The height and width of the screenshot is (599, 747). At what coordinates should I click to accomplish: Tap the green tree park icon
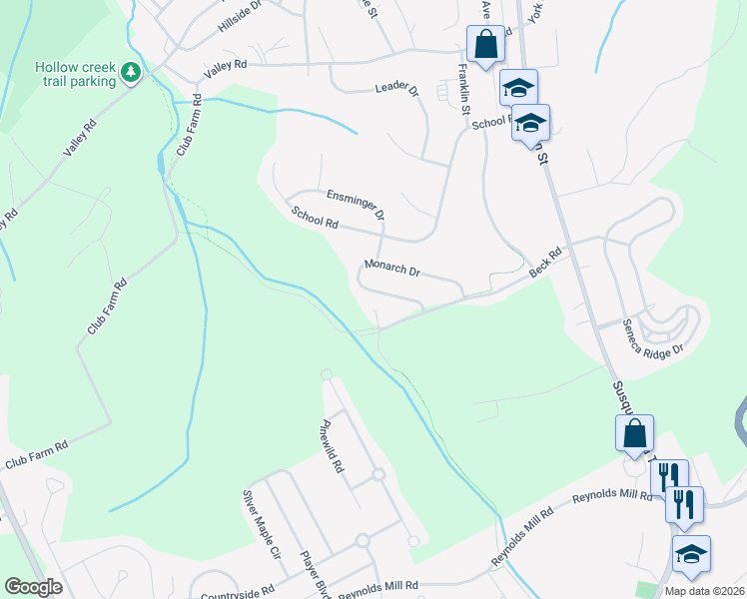click(x=131, y=73)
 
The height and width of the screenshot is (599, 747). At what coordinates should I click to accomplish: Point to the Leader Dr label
click(x=397, y=90)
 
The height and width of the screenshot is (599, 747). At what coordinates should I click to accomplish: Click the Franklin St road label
click(x=463, y=89)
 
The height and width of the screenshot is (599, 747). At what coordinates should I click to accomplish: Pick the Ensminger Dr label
click(x=356, y=204)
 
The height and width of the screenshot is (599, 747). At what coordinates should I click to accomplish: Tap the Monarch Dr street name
click(x=392, y=270)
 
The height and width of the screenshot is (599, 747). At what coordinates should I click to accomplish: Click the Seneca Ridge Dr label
click(x=652, y=337)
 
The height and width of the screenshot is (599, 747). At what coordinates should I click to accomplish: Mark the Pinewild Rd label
click(x=333, y=446)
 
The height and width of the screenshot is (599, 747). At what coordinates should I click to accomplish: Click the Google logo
click(x=33, y=587)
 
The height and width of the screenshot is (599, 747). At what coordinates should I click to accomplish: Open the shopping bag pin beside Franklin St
click(x=485, y=45)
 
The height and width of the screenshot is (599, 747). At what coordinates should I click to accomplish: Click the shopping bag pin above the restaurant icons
click(x=635, y=434)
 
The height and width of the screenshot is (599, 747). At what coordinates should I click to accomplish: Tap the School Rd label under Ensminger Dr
click(x=315, y=218)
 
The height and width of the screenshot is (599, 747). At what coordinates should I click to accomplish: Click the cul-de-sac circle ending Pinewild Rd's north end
click(x=326, y=374)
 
